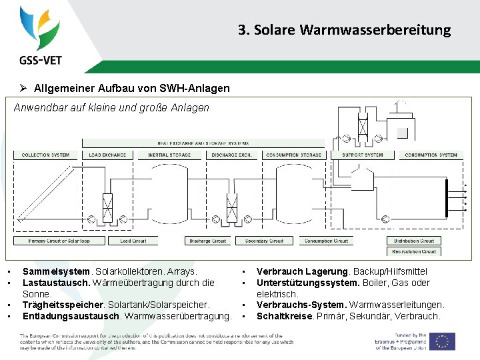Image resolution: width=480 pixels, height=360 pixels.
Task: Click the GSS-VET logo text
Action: [41, 60]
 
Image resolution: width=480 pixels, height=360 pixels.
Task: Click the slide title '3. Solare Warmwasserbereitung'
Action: [344, 30]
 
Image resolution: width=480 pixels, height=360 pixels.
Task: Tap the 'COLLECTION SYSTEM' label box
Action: [46, 155]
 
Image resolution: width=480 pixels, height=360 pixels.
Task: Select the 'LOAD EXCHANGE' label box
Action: [108, 155]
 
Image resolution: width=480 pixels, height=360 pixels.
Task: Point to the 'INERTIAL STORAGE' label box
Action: [169, 155]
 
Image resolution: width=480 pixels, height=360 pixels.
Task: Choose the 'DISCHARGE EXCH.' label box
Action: [231, 155]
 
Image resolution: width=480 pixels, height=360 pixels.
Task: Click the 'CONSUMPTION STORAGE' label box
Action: [293, 155]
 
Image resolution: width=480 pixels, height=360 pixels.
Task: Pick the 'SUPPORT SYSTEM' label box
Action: [363, 155]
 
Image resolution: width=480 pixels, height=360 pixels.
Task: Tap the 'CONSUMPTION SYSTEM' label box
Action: [431, 155]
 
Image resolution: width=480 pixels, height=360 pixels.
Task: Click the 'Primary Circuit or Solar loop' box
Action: [59, 241]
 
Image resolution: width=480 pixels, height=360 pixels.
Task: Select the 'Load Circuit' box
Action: [133, 241]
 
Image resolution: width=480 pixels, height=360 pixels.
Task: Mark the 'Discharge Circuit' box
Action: [208, 241]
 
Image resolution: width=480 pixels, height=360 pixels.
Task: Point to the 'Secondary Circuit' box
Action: [265, 241]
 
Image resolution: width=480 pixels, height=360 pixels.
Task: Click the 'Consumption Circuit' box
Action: [327, 241]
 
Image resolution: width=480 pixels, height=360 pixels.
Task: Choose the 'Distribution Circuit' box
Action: [414, 241]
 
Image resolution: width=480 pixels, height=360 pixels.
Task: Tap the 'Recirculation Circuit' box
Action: [414, 251]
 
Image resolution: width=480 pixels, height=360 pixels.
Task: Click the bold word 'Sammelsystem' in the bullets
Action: [55, 271]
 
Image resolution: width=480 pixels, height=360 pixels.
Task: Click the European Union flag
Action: [442, 341]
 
